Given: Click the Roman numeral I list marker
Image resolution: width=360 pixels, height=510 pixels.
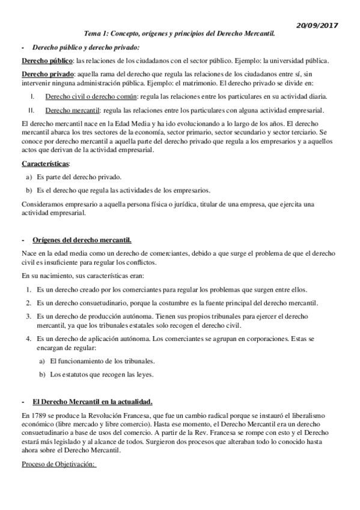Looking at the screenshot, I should click(32, 96).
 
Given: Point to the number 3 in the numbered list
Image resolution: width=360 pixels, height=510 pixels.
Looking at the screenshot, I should click(28, 315).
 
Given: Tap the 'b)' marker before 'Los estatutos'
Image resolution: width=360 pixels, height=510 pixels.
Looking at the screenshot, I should click(42, 374).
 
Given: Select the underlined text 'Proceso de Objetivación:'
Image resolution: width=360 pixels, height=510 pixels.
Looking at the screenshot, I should click(59, 464).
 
